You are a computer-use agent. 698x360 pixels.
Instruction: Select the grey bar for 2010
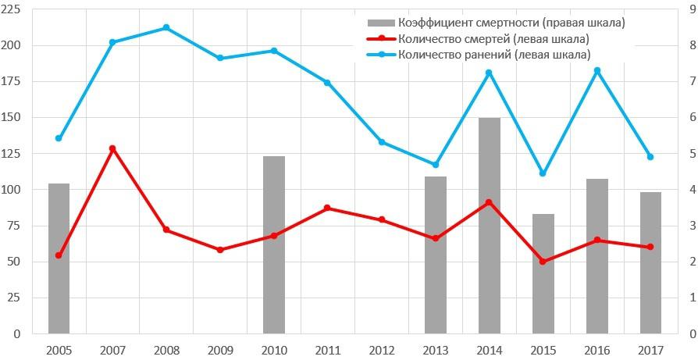pos(274,244)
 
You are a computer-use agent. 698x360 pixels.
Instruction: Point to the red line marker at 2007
pos(112,148)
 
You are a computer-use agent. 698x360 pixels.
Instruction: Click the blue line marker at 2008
pos(166,28)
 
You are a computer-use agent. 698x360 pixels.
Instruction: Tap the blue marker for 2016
pos(597,71)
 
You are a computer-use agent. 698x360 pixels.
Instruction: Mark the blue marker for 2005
pos(59,138)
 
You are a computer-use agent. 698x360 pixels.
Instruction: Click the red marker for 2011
pos(327,208)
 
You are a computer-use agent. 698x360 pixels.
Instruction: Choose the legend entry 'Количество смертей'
pos(493,38)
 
